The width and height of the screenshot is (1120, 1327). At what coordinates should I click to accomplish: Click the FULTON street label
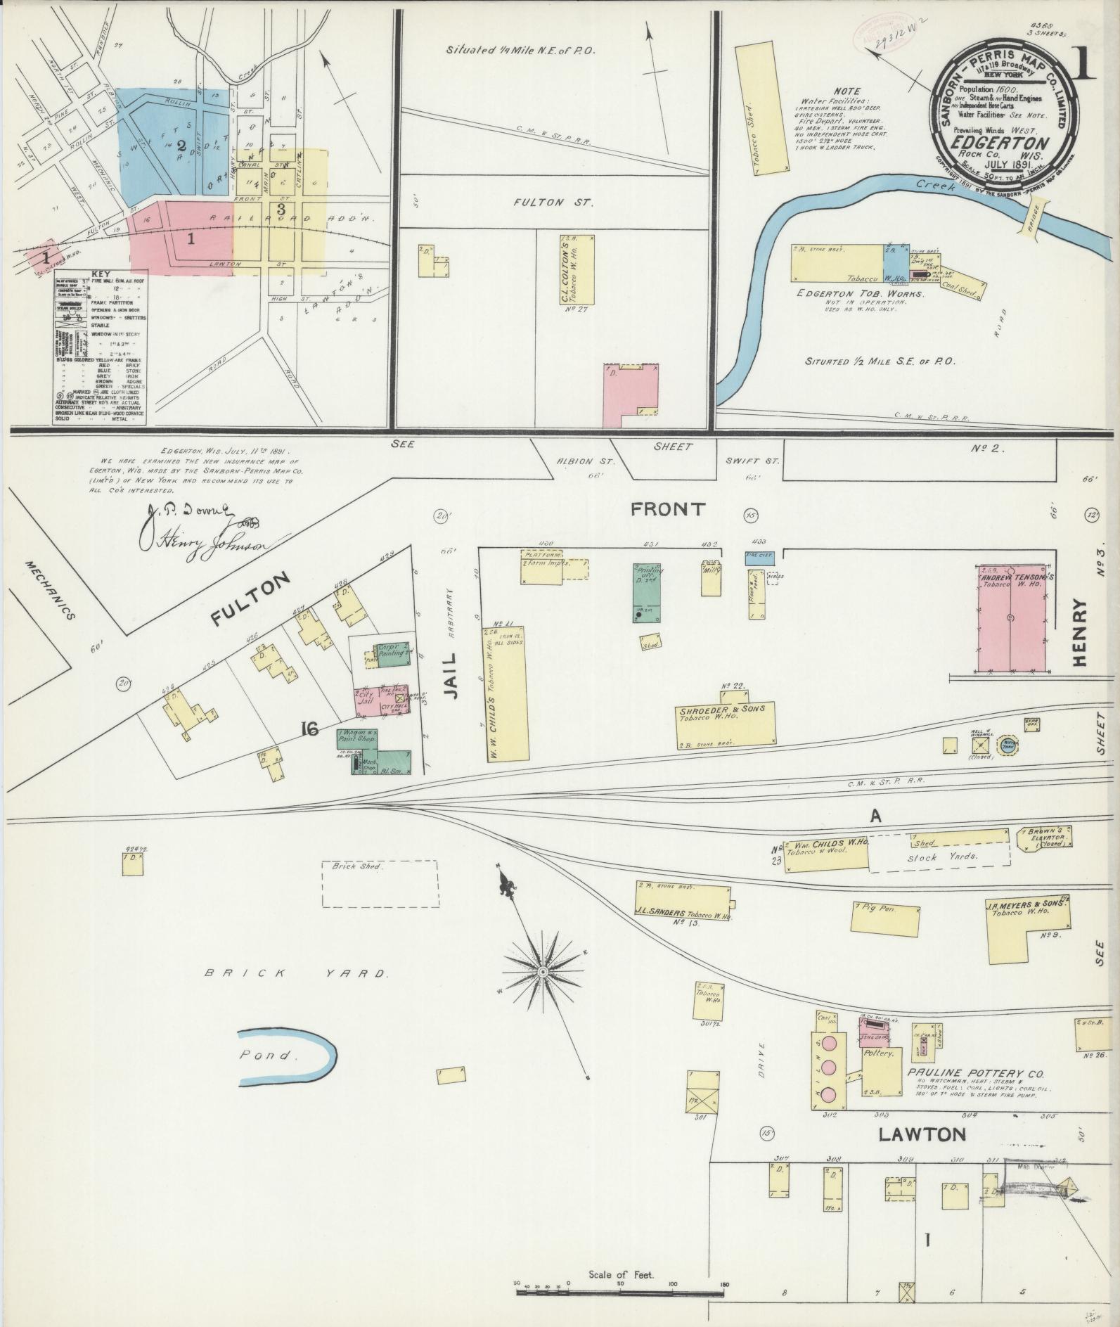point(250,598)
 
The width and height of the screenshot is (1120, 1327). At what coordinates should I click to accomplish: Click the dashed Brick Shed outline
point(380,883)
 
